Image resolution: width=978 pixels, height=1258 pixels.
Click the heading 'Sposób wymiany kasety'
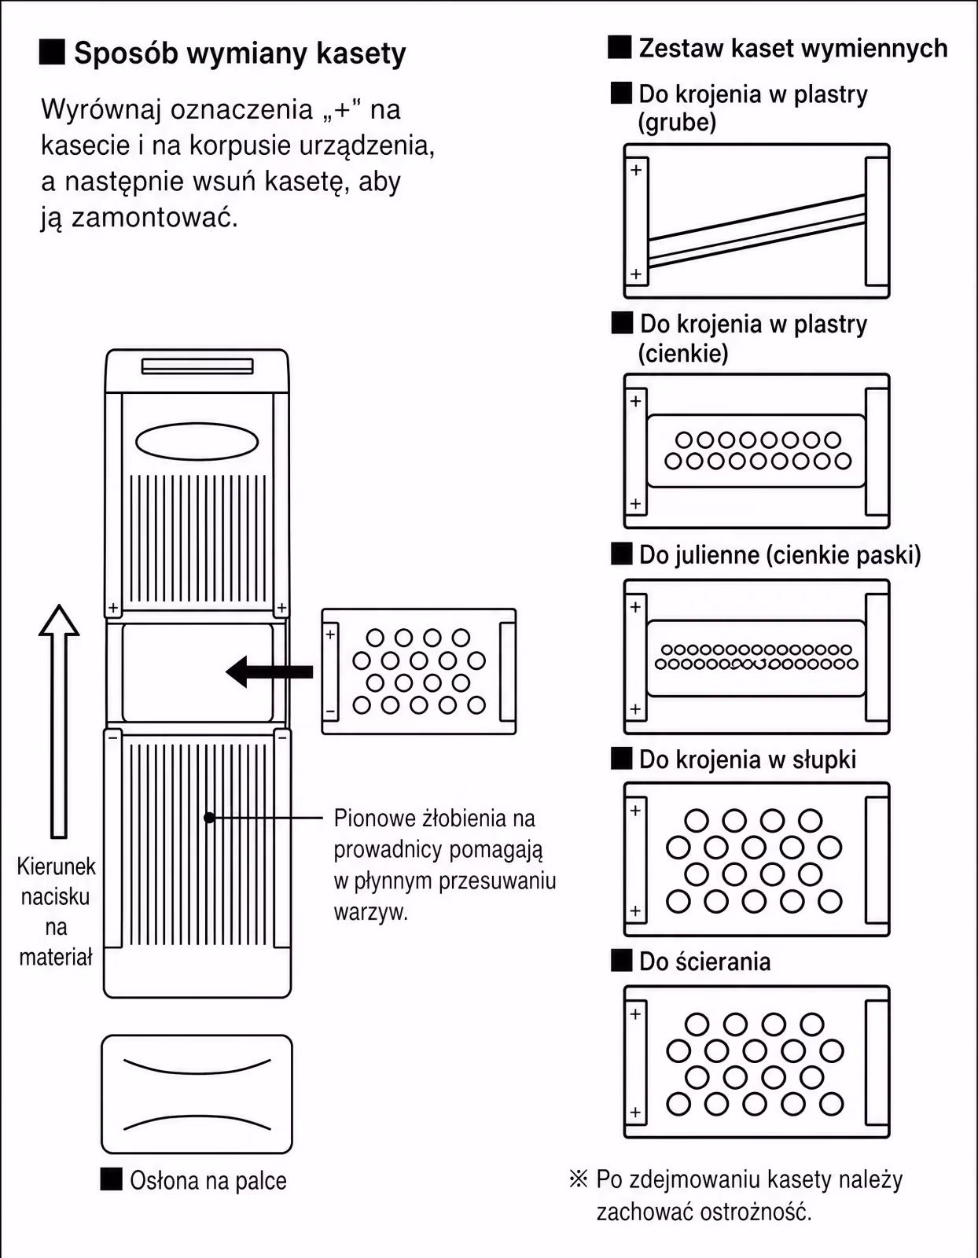click(x=240, y=53)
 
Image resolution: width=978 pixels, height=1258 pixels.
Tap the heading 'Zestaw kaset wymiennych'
click(x=792, y=48)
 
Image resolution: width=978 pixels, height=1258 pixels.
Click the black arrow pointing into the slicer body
click(x=269, y=671)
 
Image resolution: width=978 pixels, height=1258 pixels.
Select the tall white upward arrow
click(x=59, y=721)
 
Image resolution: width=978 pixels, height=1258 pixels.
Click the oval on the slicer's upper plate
click(x=197, y=442)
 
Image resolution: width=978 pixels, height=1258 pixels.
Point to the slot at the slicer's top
click(x=197, y=366)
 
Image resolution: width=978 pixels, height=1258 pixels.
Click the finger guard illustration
click(x=197, y=1094)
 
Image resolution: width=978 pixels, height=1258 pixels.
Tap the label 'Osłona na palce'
click(x=208, y=1180)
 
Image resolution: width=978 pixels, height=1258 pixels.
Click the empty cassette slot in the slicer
click(x=197, y=673)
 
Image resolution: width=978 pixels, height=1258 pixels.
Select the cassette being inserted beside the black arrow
click(x=419, y=671)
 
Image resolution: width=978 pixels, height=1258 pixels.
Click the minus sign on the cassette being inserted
click(x=330, y=711)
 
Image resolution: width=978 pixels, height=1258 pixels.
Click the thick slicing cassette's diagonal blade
click(x=757, y=230)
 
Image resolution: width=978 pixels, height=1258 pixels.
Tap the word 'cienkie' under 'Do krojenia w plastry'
click(x=683, y=353)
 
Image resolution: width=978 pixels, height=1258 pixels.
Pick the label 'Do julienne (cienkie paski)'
click(x=780, y=554)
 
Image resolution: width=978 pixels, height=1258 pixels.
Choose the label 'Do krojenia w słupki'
click(x=748, y=760)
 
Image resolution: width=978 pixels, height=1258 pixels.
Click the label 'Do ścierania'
click(x=705, y=962)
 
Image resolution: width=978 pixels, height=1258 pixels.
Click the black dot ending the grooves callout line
click(x=209, y=818)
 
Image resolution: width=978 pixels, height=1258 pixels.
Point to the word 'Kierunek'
click(x=56, y=866)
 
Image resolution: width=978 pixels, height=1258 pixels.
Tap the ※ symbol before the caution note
click(x=578, y=1179)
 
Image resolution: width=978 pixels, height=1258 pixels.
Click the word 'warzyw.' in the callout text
click(x=371, y=912)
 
